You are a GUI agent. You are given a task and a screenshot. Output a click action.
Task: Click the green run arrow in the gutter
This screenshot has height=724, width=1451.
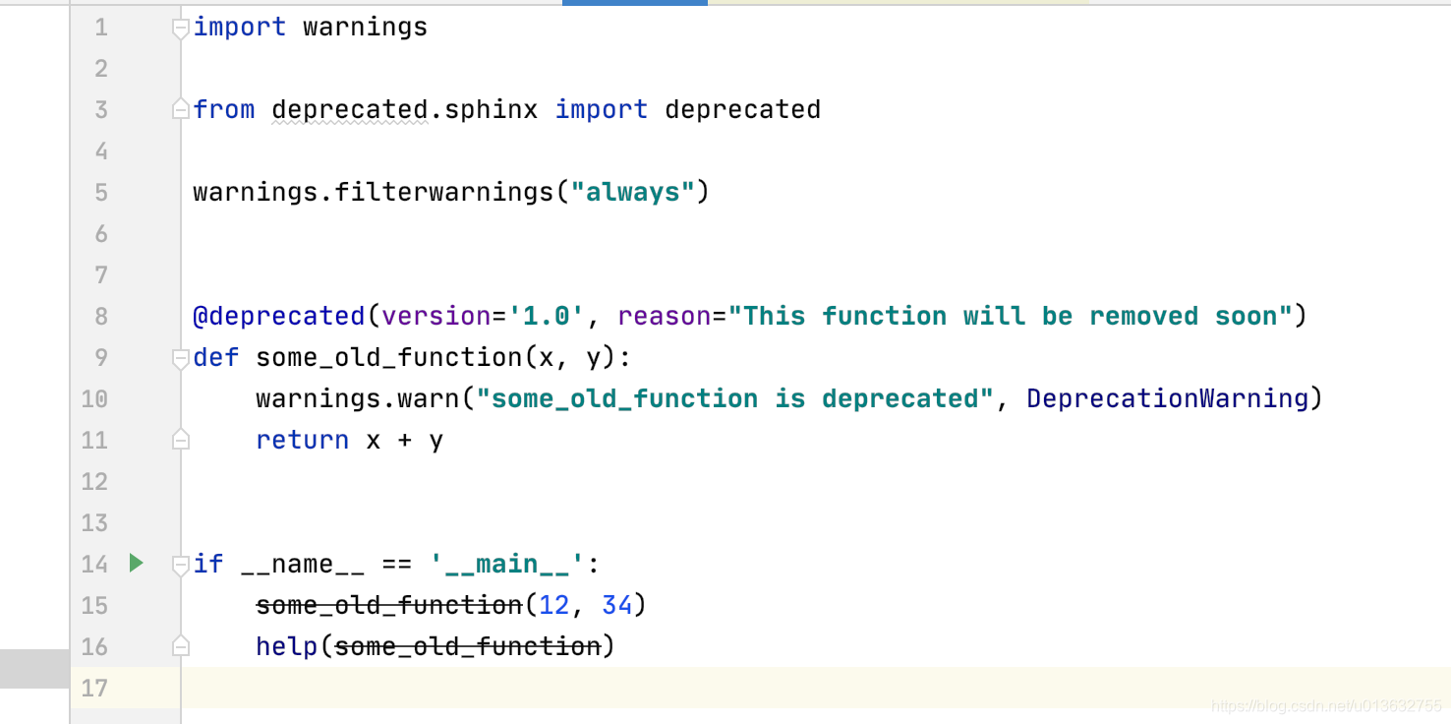click(x=137, y=564)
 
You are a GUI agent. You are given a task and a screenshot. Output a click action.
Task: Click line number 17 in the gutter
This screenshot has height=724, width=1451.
click(x=94, y=688)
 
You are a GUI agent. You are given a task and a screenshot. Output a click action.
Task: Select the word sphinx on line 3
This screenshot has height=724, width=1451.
click(x=492, y=109)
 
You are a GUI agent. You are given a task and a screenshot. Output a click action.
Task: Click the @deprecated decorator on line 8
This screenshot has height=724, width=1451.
click(x=279, y=316)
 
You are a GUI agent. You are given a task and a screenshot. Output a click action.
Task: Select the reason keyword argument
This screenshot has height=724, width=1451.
click(x=664, y=316)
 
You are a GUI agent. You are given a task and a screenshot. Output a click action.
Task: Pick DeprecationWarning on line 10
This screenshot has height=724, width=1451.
click(x=1168, y=398)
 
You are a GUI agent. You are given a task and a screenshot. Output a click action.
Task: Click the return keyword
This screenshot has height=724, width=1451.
click(x=302, y=440)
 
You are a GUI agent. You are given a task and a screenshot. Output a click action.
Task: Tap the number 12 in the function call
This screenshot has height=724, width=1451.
click(x=553, y=605)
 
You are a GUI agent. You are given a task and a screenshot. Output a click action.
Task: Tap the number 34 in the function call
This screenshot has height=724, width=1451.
click(x=616, y=605)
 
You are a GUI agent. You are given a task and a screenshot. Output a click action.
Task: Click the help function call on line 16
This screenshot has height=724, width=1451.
click(x=287, y=646)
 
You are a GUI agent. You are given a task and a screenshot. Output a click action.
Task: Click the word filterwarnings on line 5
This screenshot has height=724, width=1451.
click(x=444, y=192)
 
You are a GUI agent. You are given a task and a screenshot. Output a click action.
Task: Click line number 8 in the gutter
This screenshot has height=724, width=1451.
click(x=101, y=316)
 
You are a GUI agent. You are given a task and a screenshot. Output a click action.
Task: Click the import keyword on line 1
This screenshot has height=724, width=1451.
click(x=240, y=27)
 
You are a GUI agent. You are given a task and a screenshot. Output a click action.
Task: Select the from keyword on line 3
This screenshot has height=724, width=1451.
click(x=224, y=109)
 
